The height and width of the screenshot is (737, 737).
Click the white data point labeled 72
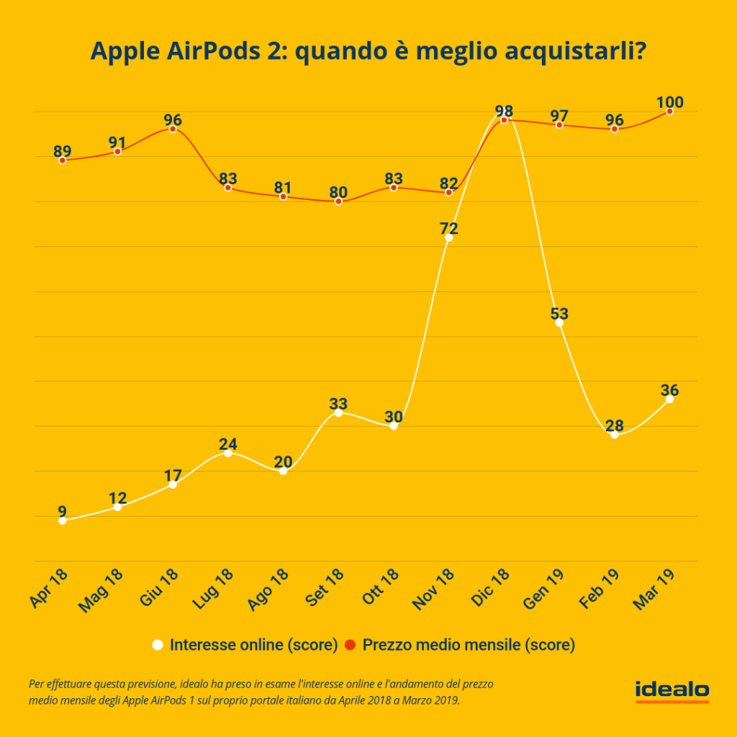coord(449,238)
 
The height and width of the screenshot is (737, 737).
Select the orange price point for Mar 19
coord(670,111)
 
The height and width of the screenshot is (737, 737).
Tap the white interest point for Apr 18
coord(63,520)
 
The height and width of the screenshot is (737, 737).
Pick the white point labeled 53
coord(559,322)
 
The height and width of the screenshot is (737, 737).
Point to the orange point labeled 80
coord(338,202)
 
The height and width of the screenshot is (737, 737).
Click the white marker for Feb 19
coord(615,435)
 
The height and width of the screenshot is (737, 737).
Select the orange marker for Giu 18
coord(173,129)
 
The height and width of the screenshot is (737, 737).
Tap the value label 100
coord(670,101)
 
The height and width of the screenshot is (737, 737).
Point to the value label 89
coord(63,151)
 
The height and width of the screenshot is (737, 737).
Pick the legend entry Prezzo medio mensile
coord(468,645)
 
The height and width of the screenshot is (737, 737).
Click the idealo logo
coord(672,690)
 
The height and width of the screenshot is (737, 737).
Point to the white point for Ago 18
coord(283,471)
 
